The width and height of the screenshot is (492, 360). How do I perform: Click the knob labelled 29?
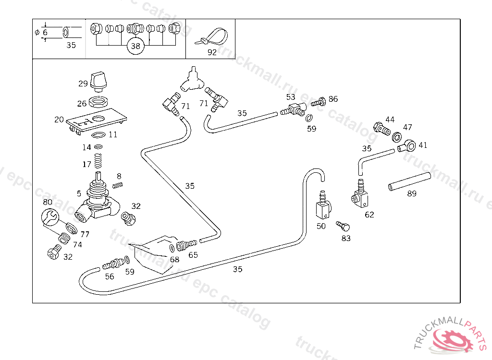99,81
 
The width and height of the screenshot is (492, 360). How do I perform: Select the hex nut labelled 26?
100,102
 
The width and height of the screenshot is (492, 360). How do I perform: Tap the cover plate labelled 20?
96,120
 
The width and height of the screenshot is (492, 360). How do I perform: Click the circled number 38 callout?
135,46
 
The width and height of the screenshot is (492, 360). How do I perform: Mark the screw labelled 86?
319,101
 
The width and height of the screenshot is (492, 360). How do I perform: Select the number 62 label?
369,215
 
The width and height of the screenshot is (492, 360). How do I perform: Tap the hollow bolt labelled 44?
382,129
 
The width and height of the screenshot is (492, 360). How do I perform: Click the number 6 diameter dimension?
45,33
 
